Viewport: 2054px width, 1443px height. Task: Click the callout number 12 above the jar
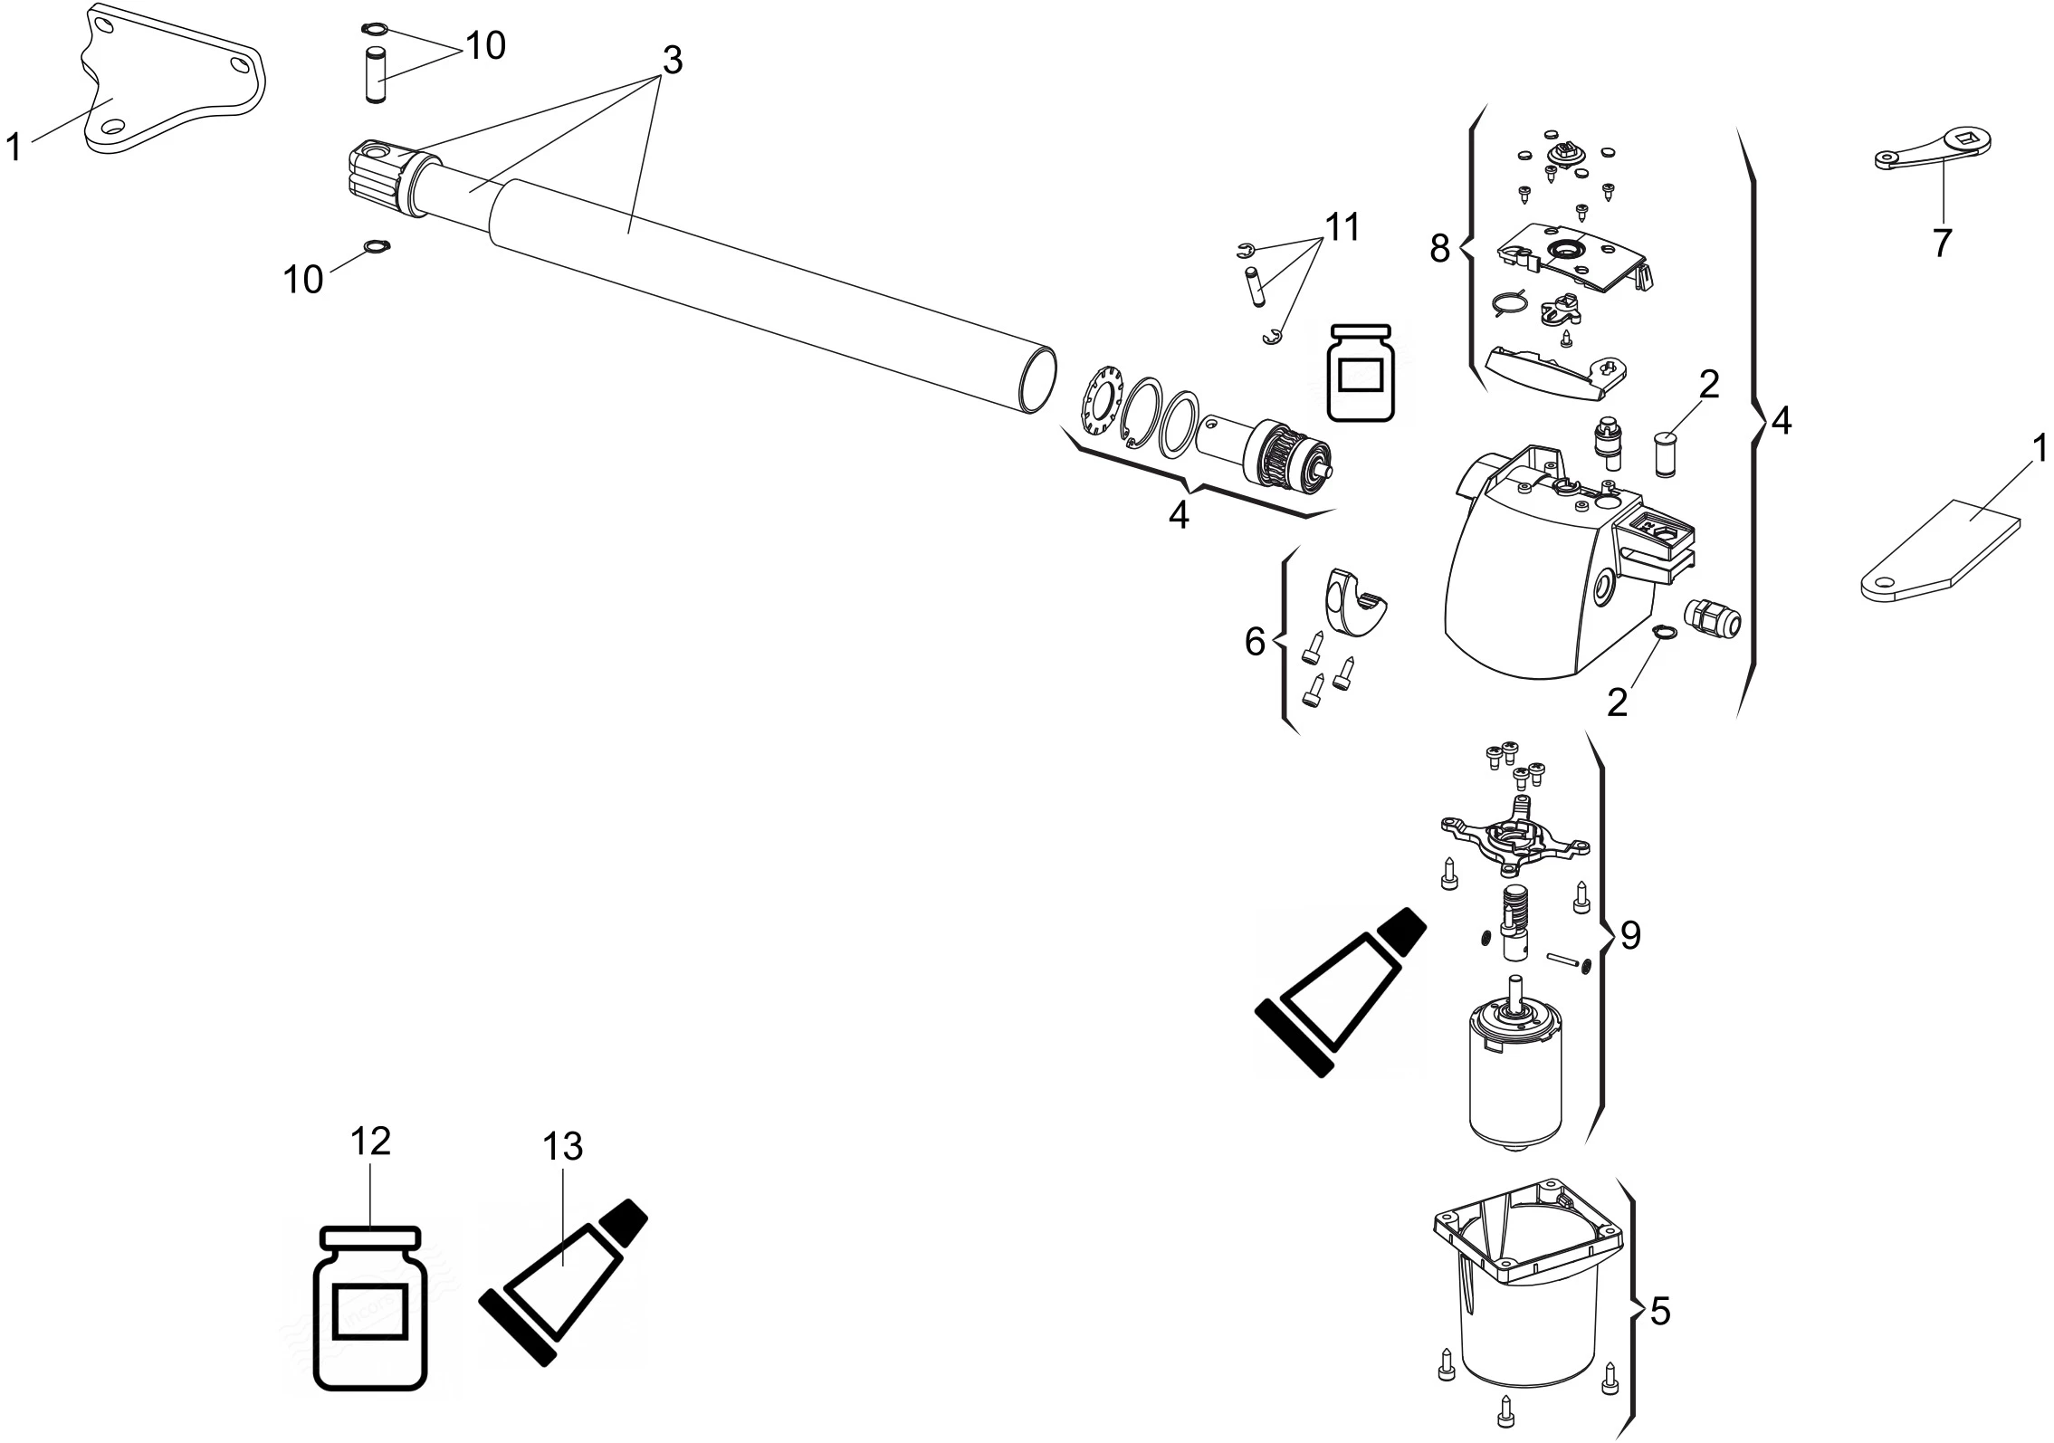pyautogui.click(x=370, y=1142)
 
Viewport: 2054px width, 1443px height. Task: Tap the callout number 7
pyautogui.click(x=1941, y=243)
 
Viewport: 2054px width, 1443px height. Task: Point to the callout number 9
pyautogui.click(x=1629, y=936)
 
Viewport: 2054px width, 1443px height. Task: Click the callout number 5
pyautogui.click(x=1660, y=1312)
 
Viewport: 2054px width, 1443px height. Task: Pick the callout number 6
pyautogui.click(x=1255, y=642)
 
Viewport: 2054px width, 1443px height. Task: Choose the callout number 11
pyautogui.click(x=1342, y=227)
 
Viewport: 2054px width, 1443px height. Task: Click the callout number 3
pyautogui.click(x=672, y=61)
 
